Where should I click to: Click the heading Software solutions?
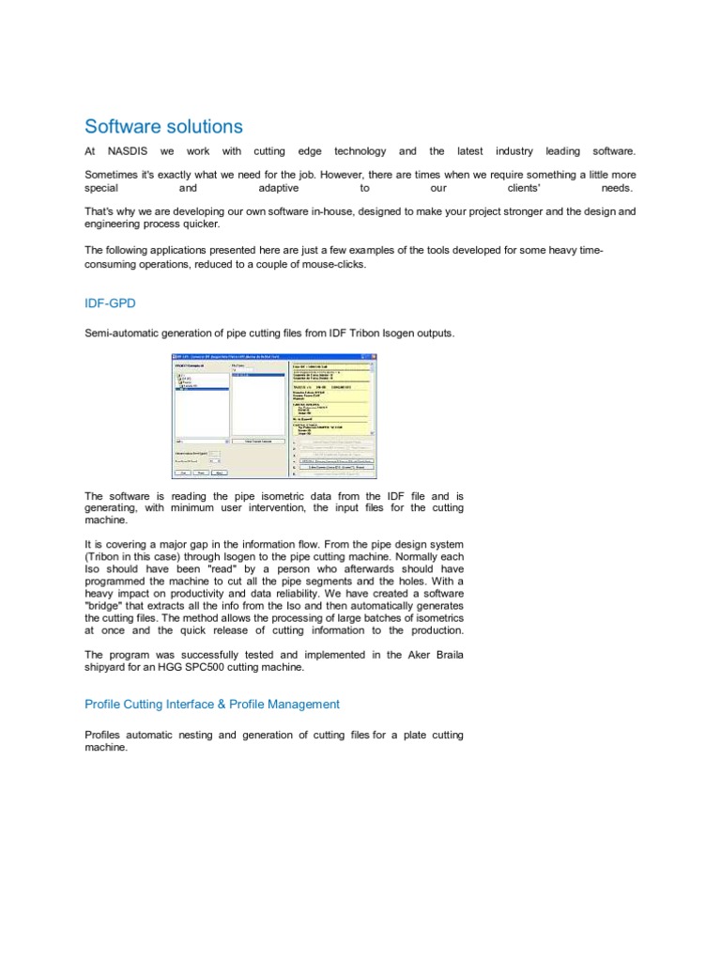point(163,127)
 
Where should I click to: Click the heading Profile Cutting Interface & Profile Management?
point(212,704)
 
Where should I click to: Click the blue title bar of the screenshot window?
point(272,358)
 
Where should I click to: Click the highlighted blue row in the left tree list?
point(201,389)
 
